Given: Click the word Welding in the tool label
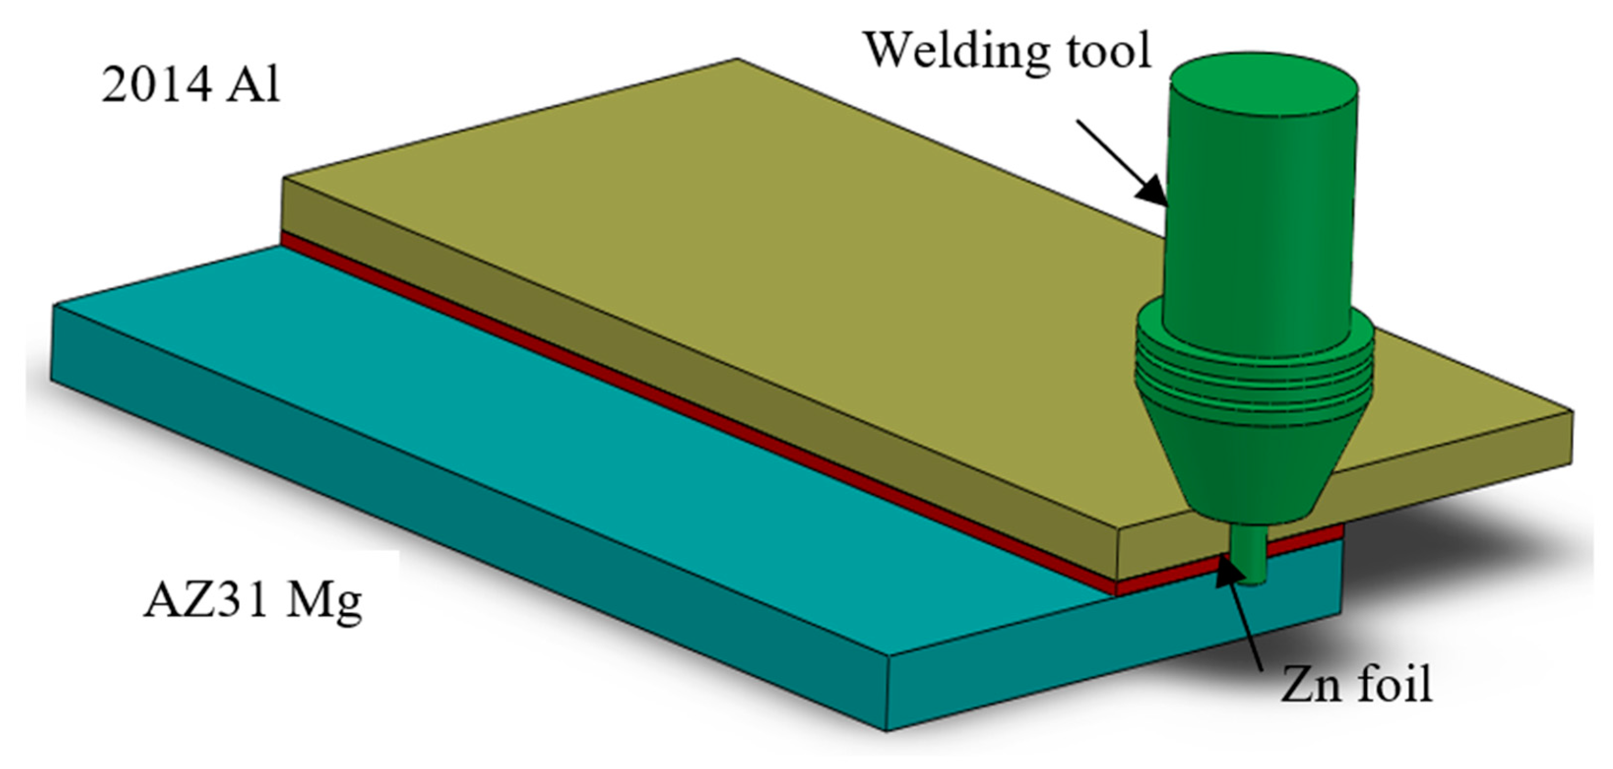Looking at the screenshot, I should click(x=958, y=50).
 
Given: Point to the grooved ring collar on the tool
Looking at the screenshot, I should click(x=1252, y=376).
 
